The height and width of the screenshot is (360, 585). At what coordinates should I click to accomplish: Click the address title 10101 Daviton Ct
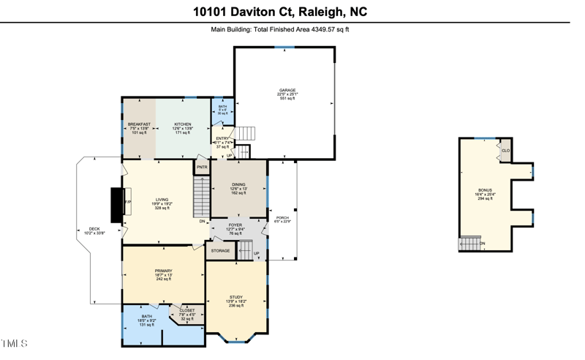click(280, 12)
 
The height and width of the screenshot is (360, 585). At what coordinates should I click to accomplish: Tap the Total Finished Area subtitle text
click(280, 30)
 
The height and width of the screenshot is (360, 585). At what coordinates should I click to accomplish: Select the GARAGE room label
click(287, 91)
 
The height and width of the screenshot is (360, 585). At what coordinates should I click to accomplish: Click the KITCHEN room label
click(182, 124)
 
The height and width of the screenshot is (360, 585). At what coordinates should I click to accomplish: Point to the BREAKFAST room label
click(139, 124)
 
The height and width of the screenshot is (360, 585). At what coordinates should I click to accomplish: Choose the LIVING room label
click(162, 199)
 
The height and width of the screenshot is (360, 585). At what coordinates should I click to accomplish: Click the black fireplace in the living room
click(116, 205)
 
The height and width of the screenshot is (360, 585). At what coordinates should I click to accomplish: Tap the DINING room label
click(238, 185)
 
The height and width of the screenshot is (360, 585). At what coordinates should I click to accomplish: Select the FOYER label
click(235, 225)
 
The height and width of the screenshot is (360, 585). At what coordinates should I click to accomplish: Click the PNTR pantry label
click(202, 168)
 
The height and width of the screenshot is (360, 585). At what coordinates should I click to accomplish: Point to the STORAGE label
click(220, 251)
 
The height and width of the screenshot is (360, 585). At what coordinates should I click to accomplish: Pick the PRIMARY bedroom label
click(163, 271)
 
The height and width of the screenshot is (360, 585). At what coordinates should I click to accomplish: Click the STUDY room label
click(236, 297)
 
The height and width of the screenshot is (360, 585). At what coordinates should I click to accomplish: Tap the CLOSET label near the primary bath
click(186, 310)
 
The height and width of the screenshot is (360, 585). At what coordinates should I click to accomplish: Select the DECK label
click(94, 229)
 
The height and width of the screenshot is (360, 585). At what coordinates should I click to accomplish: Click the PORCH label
click(282, 218)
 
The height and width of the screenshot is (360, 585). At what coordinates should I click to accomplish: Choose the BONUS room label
click(485, 190)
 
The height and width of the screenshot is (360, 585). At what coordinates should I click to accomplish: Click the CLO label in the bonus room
click(505, 151)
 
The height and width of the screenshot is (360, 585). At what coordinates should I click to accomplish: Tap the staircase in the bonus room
click(469, 243)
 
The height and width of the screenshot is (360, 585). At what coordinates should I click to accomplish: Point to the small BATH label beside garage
click(222, 107)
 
